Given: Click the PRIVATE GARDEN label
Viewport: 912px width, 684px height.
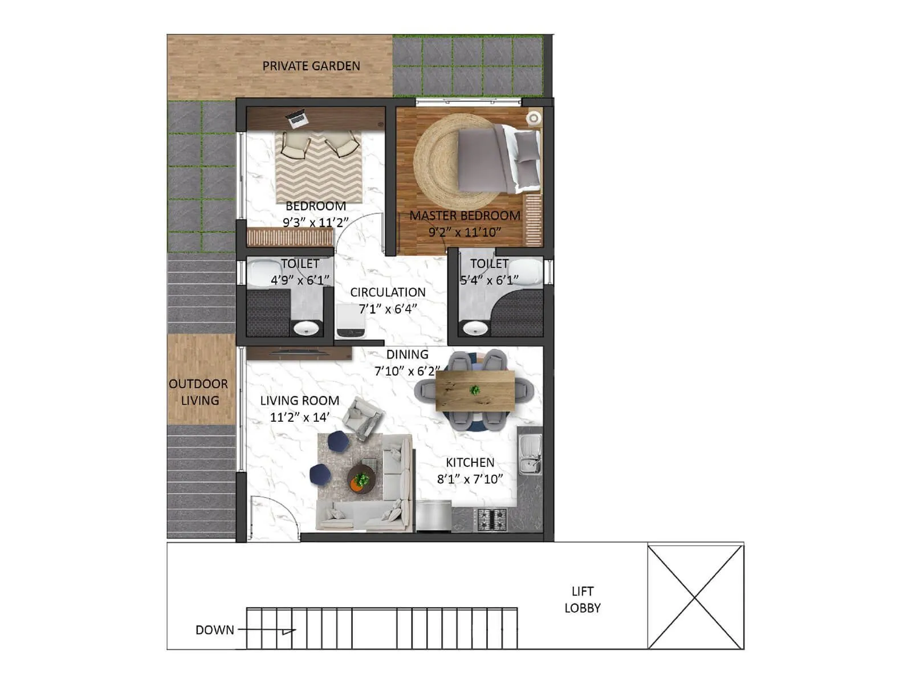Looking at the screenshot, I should click(x=311, y=66).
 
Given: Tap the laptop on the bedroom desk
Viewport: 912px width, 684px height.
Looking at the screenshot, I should click(x=297, y=119).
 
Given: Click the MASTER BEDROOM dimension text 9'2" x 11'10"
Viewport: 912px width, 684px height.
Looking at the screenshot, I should click(x=465, y=232).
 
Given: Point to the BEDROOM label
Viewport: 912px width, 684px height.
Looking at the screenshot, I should click(x=316, y=206).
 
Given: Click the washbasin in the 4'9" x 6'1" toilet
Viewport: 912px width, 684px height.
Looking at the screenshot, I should click(x=306, y=328).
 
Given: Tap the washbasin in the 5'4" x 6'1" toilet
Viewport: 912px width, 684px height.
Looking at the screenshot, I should click(x=474, y=328).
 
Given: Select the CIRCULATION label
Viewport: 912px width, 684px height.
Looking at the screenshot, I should click(x=388, y=292).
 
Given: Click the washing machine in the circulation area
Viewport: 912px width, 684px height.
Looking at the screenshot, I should click(x=350, y=322).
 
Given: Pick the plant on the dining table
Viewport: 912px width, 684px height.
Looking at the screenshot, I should click(x=474, y=390).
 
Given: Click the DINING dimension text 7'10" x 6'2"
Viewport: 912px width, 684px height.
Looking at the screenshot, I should click(x=407, y=371).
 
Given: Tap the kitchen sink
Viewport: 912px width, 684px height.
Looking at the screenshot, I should click(x=530, y=454).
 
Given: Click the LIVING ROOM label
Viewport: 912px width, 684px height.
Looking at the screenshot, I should click(x=300, y=401).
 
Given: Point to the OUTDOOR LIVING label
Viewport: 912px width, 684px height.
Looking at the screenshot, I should click(x=199, y=392).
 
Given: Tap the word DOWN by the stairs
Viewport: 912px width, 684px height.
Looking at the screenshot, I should click(x=215, y=630).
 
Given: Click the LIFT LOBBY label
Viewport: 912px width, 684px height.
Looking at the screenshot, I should click(x=583, y=600).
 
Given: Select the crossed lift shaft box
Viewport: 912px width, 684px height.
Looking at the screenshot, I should click(x=695, y=597).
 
